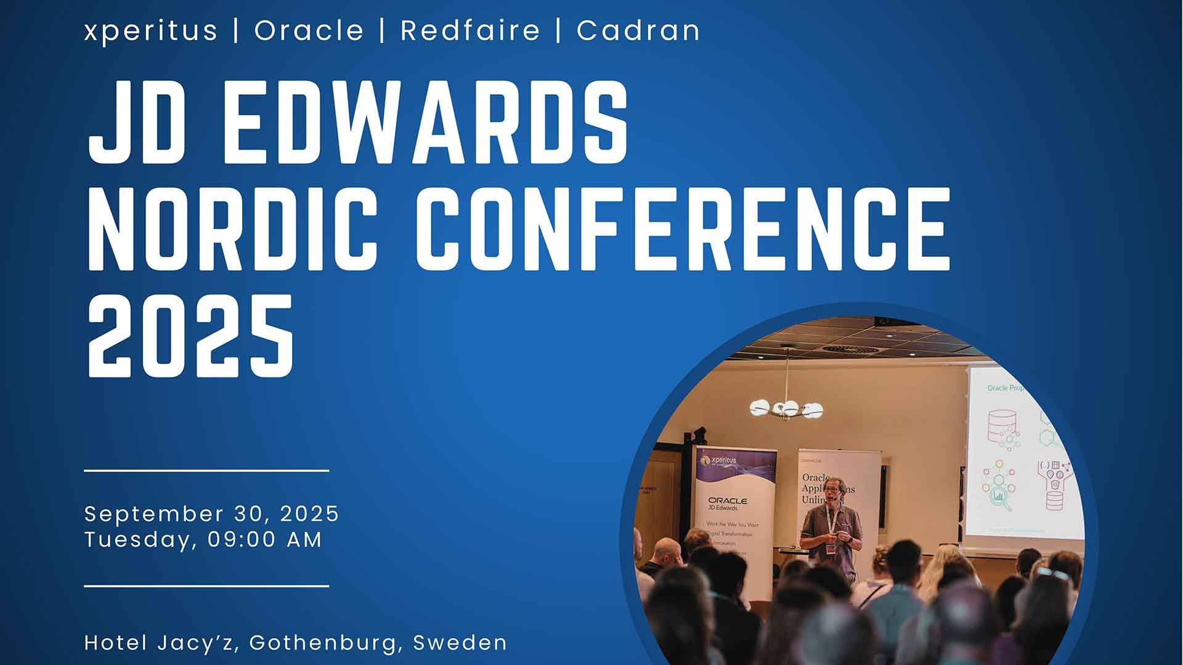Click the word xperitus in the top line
[151, 31]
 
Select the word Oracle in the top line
[309, 31]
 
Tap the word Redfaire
[470, 31]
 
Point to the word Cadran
[638, 31]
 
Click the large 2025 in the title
[191, 336]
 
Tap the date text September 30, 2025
[212, 514]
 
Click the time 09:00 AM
[265, 540]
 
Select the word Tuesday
[138, 540]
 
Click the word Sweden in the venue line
[460, 643]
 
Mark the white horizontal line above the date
[206, 470]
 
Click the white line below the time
[206, 586]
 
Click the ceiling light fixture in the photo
[786, 408]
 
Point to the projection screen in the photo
[1023, 453]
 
